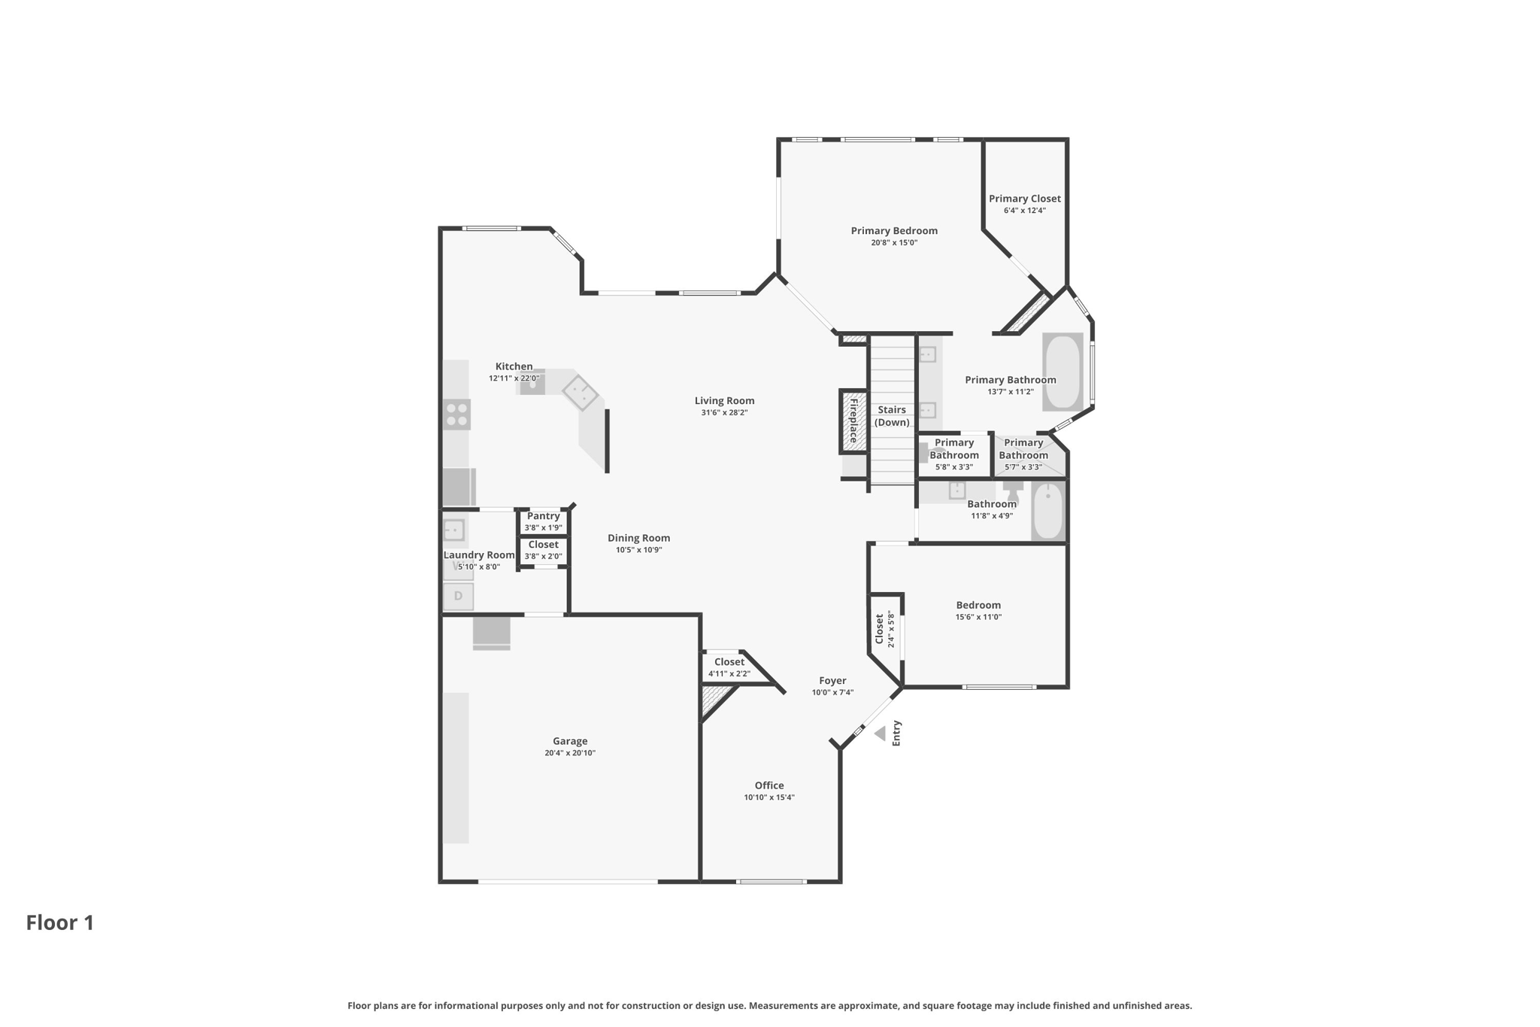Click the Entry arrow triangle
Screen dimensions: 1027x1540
[x=880, y=734]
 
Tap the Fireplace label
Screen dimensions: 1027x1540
[x=853, y=420]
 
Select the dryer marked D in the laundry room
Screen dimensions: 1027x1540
[x=458, y=597]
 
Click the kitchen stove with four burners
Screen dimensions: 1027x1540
[x=456, y=415]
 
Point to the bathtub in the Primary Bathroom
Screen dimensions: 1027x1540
[x=1062, y=372]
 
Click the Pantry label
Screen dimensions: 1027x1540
[x=543, y=516]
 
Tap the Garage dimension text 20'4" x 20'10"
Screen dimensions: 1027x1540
[x=570, y=753]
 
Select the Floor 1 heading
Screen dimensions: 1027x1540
[x=60, y=923]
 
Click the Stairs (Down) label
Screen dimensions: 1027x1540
[x=892, y=416]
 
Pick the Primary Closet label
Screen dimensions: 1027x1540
[x=1024, y=199]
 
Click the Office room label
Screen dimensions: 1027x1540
[x=769, y=785]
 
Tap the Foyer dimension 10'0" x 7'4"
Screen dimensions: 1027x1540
[x=832, y=692]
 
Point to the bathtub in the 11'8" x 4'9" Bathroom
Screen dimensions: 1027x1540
[x=1048, y=512]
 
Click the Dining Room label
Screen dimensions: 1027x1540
[x=638, y=538]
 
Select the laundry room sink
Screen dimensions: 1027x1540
[x=453, y=530]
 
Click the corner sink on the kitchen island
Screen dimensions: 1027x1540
[x=580, y=393]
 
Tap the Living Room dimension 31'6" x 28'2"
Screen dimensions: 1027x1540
[x=724, y=412]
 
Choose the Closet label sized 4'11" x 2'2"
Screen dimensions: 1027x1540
[x=729, y=662]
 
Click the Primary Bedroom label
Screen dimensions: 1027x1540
[x=894, y=231]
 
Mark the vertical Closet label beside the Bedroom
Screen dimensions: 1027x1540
[x=879, y=629]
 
